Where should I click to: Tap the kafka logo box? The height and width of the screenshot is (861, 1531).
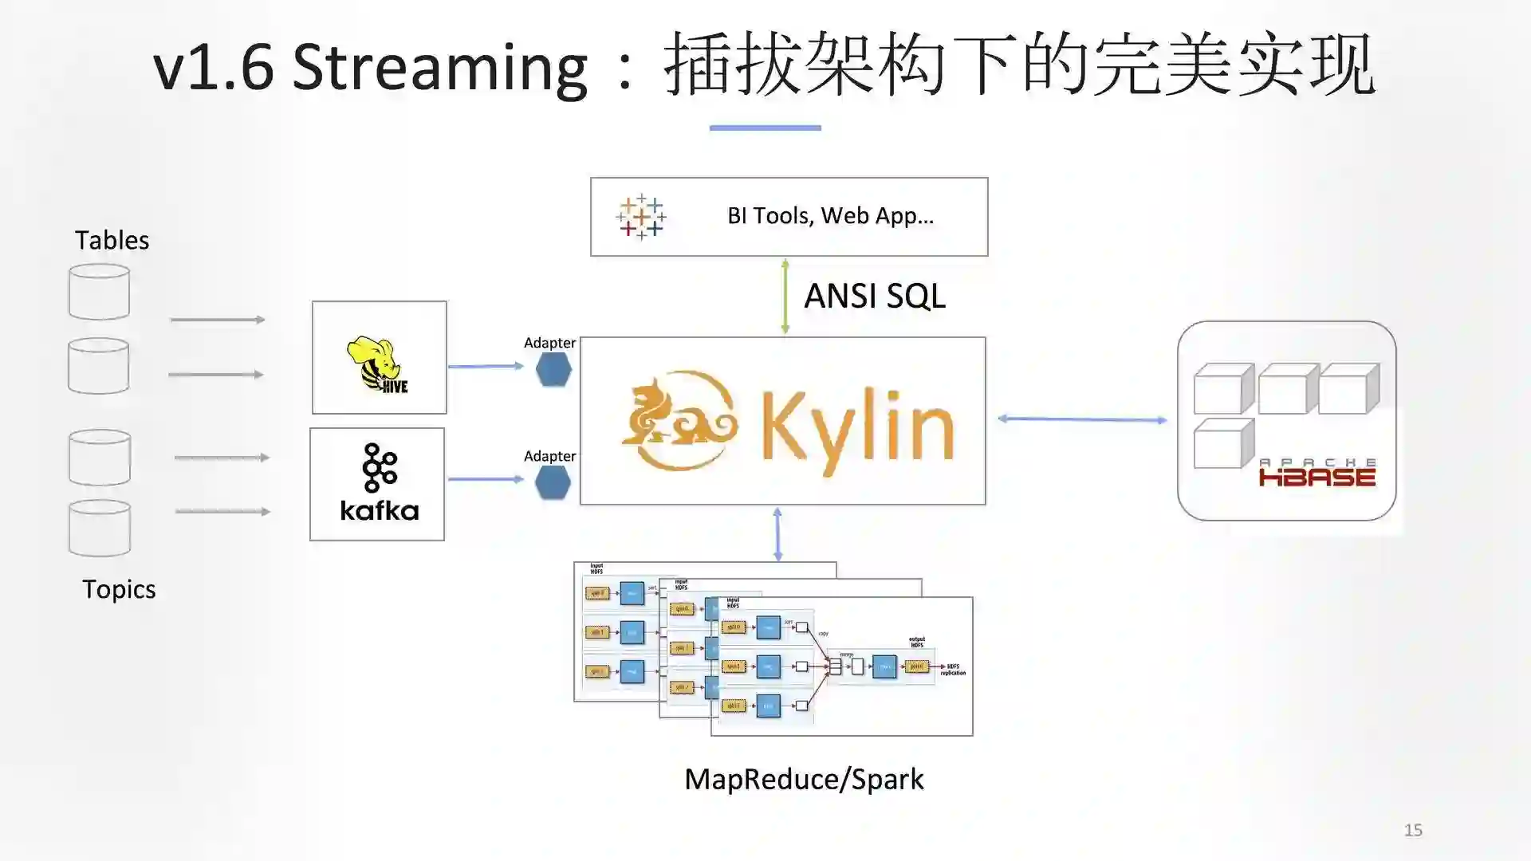377,484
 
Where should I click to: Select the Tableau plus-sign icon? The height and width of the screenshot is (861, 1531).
640,217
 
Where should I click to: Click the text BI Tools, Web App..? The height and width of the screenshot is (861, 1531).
830,216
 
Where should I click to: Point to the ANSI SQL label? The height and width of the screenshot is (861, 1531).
874,297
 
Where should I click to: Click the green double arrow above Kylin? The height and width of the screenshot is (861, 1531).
785,296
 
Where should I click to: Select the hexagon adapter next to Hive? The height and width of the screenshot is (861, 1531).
553,370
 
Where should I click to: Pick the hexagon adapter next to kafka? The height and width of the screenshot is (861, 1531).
553,482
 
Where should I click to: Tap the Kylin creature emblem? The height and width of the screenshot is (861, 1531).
679,420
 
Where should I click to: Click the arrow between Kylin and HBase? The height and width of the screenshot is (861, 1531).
1082,419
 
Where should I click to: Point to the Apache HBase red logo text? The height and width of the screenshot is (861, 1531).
1317,475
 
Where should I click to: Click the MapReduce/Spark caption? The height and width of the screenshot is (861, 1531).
804,779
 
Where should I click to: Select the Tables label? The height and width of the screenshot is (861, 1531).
112,240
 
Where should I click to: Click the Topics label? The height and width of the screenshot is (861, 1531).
119,589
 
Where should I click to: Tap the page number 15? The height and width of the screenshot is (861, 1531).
1413,830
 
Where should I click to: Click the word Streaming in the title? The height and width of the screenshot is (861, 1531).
440,67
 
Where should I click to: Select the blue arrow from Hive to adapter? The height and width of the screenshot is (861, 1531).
485,366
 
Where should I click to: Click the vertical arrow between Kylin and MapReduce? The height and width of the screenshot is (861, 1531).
777,533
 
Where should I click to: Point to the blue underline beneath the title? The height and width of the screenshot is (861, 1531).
765,128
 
